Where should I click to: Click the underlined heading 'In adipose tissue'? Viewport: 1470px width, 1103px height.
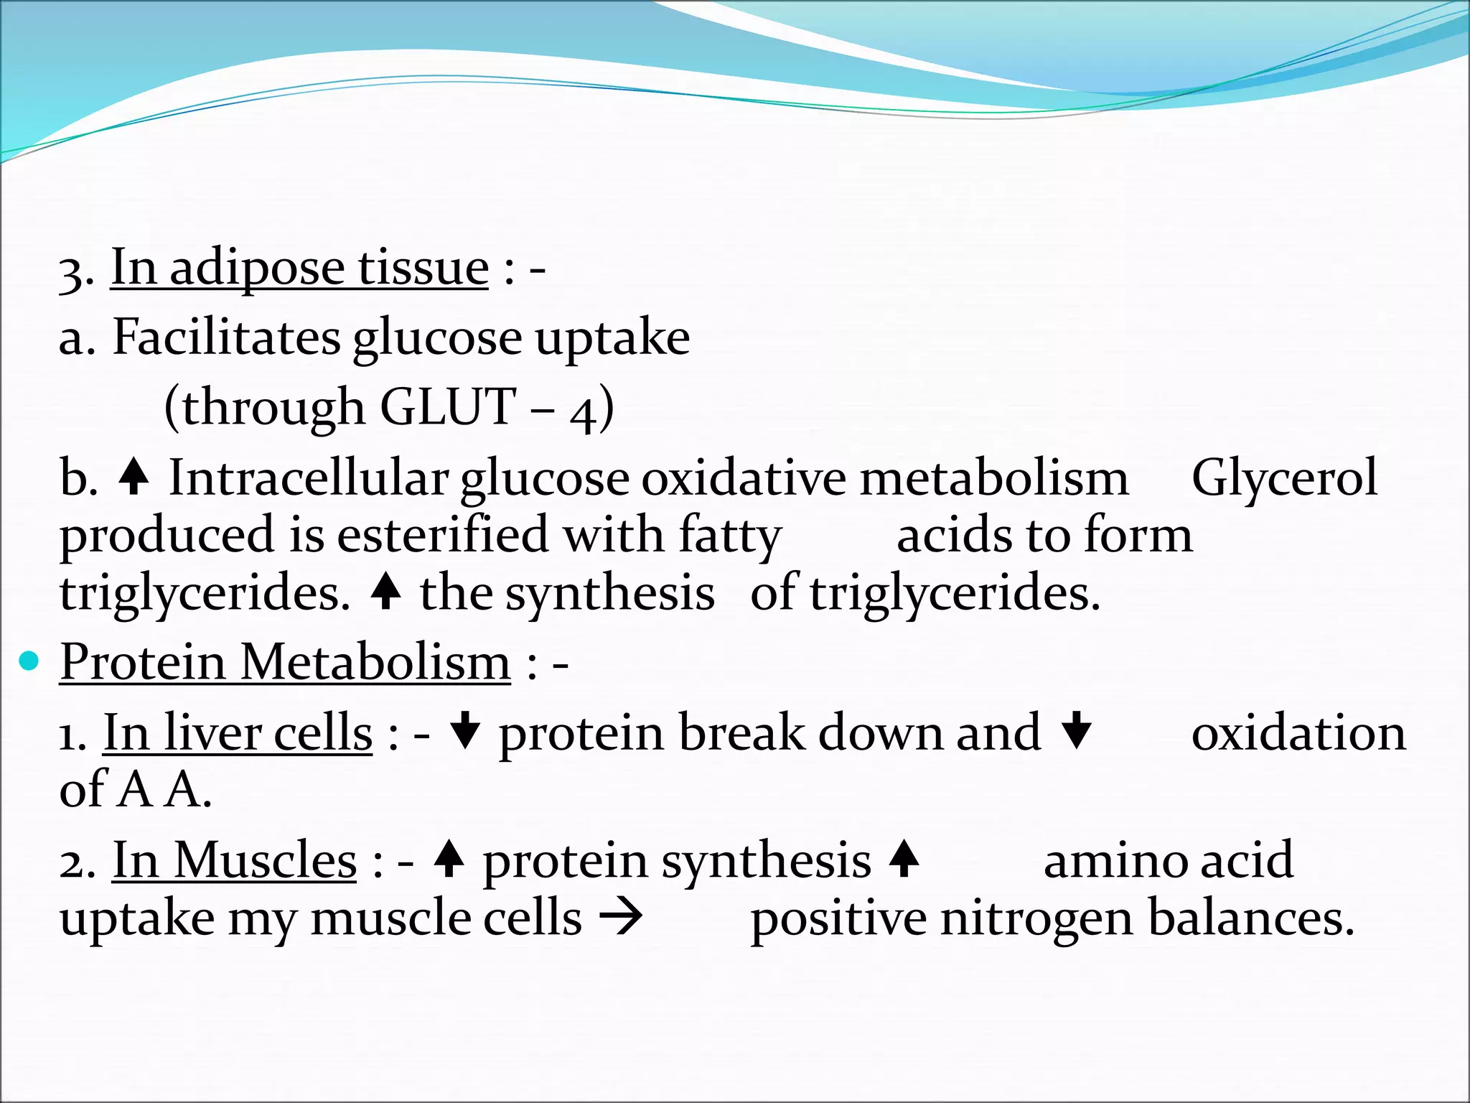coord(299,268)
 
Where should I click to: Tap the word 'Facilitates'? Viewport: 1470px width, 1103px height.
coord(226,337)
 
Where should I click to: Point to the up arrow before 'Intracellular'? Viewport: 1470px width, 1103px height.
coord(134,477)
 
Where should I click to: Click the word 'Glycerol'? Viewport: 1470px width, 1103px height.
coord(1284,478)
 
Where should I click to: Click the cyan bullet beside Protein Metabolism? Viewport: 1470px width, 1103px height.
coord(29,661)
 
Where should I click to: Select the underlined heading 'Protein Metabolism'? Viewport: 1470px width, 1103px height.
coord(285,661)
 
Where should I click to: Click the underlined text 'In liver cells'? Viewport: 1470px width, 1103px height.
coord(238,732)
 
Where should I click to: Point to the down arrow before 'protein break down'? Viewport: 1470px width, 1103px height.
coord(465,730)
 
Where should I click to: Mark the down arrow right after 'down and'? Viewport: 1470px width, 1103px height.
coord(1076,730)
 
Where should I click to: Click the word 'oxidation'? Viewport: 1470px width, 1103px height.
coord(1298,733)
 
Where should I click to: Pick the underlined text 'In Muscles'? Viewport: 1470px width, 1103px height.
coord(234,860)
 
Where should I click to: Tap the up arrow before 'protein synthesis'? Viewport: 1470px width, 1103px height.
coord(449,858)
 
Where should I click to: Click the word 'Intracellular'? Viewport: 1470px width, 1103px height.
coord(309,478)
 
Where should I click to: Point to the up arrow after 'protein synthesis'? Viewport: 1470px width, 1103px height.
coord(904,858)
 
